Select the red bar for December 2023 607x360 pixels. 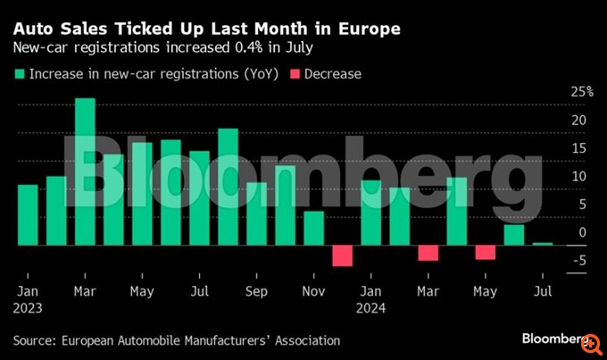click(x=342, y=255)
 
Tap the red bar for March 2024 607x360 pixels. click(x=428, y=253)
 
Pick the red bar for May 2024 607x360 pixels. click(x=485, y=252)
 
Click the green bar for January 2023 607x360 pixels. click(x=28, y=214)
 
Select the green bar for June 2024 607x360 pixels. click(x=513, y=235)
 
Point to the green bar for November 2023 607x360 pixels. click(x=313, y=228)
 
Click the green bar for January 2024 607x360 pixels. click(x=370, y=213)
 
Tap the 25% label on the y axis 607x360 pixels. click(x=582, y=92)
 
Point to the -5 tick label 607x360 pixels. click(x=578, y=261)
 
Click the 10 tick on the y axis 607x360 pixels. click(x=579, y=177)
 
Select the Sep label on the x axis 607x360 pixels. click(x=256, y=291)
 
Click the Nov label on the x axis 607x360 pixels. click(x=313, y=291)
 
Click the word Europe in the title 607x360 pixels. click(x=368, y=29)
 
